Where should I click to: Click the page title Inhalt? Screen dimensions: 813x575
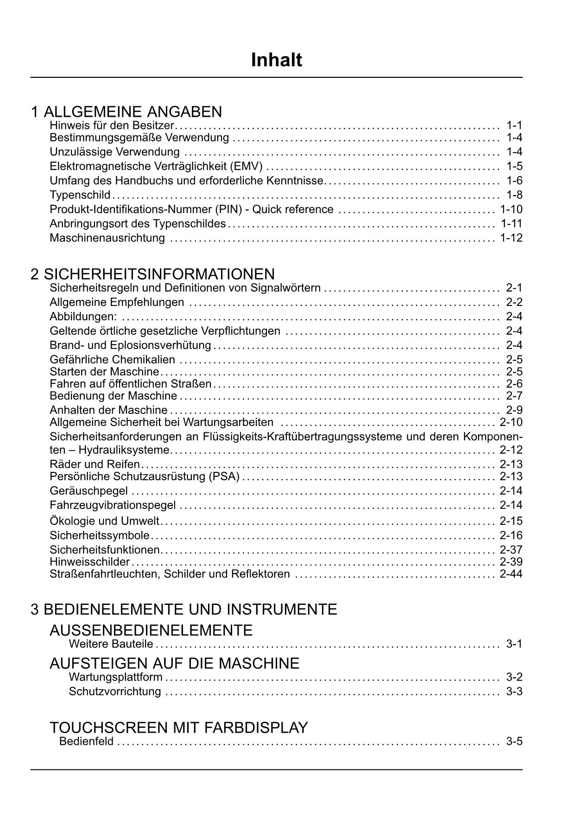[x=277, y=60]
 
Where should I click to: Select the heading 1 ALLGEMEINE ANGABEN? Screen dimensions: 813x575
[x=126, y=112]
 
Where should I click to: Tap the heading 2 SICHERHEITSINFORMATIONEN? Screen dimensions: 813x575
[x=153, y=274]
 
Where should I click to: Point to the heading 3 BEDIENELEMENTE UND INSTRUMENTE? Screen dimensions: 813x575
[x=184, y=609]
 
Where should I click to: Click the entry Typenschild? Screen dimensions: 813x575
[x=80, y=195]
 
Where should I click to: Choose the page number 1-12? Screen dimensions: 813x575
[x=511, y=238]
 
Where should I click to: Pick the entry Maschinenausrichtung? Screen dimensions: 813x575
[x=107, y=238]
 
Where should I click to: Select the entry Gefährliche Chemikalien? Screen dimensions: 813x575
[x=113, y=359]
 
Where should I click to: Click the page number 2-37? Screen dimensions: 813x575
[x=511, y=550]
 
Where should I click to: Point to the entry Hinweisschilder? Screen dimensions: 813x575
[x=89, y=562]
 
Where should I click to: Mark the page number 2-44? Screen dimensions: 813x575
[x=511, y=574]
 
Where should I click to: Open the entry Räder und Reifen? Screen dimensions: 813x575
[x=95, y=464]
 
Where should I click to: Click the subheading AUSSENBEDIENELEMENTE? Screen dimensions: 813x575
[x=151, y=630]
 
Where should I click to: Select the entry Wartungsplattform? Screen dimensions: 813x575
[x=115, y=677]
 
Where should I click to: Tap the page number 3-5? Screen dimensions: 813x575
[x=514, y=741]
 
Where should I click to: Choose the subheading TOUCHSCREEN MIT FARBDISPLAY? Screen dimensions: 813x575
[x=179, y=728]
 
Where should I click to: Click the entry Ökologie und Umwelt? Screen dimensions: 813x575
[x=104, y=521]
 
